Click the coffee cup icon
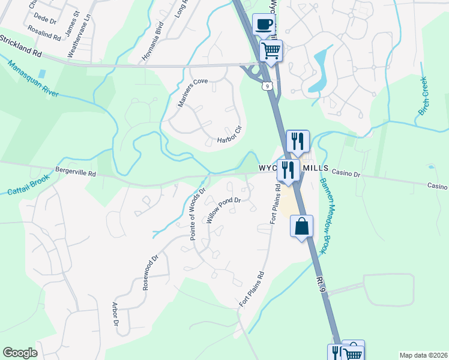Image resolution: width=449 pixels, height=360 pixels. tap(264, 24)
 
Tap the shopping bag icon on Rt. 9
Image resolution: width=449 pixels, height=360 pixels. tap(301, 227)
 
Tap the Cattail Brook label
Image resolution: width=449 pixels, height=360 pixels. tap(28, 187)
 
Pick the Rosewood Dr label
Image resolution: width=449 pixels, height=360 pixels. tap(149, 273)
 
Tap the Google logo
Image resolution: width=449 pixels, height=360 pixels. tap(20, 353)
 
